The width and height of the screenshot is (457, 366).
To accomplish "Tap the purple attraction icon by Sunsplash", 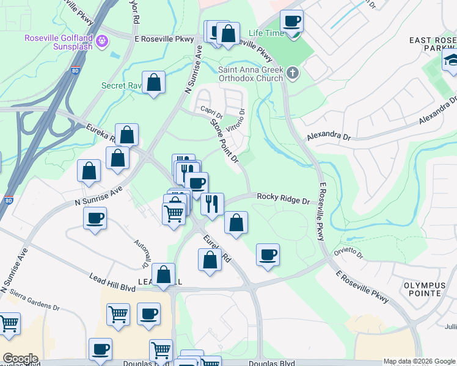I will pos(101,41).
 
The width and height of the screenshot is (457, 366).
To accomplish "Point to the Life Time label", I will pos(266,32).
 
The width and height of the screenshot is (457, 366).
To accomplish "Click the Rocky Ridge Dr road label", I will pos(283,197).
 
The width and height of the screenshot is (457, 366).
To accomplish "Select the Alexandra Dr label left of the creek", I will pos(329,135).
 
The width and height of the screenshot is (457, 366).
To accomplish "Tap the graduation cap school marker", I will pos(452,60).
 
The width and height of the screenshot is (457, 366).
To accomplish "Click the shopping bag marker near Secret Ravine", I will pos(154,82).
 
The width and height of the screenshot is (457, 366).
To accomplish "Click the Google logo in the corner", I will pos(20,359).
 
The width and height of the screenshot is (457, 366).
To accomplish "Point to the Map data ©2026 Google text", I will pos(419,361).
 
